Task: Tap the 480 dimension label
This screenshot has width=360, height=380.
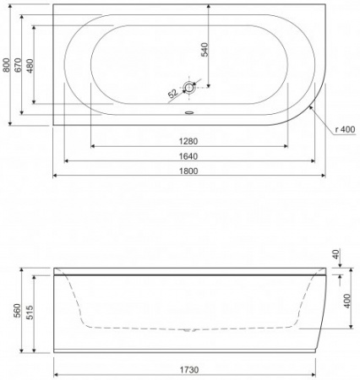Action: (x=30, y=68)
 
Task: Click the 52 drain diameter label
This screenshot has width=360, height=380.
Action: (x=172, y=92)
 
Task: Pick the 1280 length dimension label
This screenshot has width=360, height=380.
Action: (x=187, y=140)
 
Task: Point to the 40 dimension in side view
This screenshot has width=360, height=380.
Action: (x=336, y=253)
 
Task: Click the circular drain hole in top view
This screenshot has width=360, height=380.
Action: (x=189, y=87)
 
